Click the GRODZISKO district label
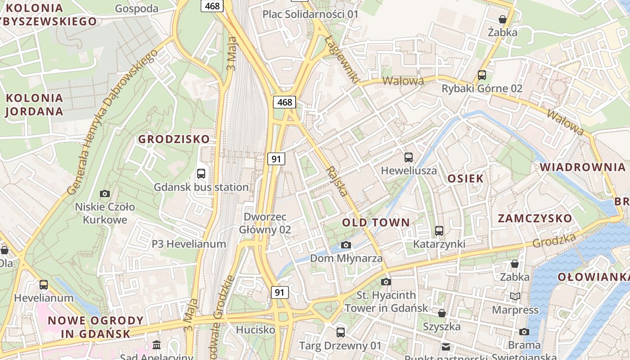pyautogui.click(x=174, y=139)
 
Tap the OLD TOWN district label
pyautogui.click(x=376, y=222)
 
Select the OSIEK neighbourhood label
pyautogui.click(x=465, y=178)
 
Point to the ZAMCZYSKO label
pyautogui.click(x=535, y=219)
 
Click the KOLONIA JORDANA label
pyautogui.click(x=34, y=104)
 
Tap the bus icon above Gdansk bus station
pyautogui.click(x=201, y=173)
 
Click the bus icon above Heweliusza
pyautogui.click(x=409, y=157)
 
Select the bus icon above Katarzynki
pyautogui.click(x=439, y=231)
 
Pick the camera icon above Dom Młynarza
pyautogui.click(x=346, y=245)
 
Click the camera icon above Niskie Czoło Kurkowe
pyautogui.click(x=105, y=193)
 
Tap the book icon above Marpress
pyautogui.click(x=515, y=296)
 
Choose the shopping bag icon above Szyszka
pyautogui.click(x=442, y=313)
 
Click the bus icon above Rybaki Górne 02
pyautogui.click(x=482, y=75)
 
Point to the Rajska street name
pyautogui.click(x=337, y=181)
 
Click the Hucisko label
pyautogui.click(x=256, y=330)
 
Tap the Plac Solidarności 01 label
pyautogui.click(x=310, y=14)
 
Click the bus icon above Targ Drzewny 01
pyautogui.click(x=341, y=333)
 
